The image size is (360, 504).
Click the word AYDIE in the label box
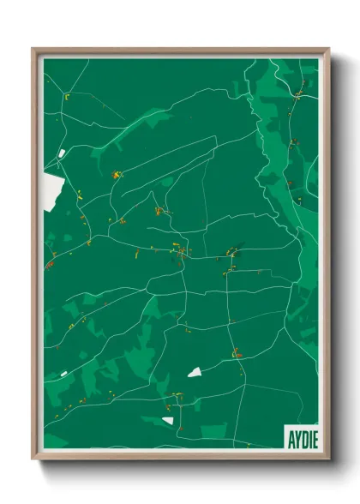pyautogui.click(x=298, y=435)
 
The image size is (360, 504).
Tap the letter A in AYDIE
pyautogui.click(x=287, y=435)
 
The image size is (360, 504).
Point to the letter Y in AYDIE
pyautogui.click(x=293, y=435)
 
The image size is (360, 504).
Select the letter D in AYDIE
pyautogui.click(x=300, y=435)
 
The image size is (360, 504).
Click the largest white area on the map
pyautogui.click(x=52, y=188)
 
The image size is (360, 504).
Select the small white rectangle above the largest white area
pyautogui.click(x=61, y=153)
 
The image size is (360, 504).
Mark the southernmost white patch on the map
pyautogui.click(x=168, y=420)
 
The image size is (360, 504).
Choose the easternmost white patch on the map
pyautogui.click(x=195, y=372)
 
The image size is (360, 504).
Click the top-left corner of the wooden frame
pyautogui.click(x=33, y=49)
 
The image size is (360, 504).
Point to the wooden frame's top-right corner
pyautogui.click(x=328, y=49)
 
